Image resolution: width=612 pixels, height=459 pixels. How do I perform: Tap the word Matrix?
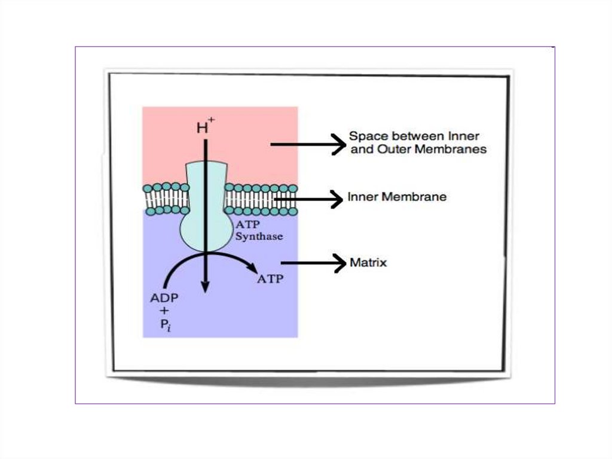click(x=368, y=262)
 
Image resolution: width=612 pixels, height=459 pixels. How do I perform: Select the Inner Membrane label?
click(x=397, y=196)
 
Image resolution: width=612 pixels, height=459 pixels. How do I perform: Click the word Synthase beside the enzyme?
click(x=259, y=236)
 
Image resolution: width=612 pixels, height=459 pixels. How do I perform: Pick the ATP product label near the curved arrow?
click(x=270, y=279)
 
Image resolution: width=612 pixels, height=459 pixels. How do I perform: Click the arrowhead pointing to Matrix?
click(x=341, y=263)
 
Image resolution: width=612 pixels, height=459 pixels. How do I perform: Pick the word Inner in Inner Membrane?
click(x=362, y=196)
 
